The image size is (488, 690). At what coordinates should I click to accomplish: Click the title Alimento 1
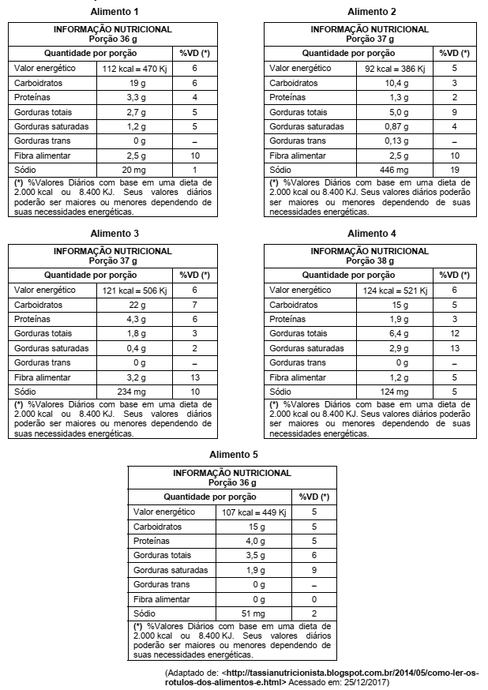[114, 12]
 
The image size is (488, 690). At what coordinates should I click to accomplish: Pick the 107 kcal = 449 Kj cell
[253, 512]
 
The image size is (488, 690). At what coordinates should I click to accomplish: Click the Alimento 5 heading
[234, 455]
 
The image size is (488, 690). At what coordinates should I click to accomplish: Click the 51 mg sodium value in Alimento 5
[253, 613]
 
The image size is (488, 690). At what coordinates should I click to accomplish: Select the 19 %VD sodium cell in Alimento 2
[454, 170]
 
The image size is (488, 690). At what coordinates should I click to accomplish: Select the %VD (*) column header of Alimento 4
[453, 276]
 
